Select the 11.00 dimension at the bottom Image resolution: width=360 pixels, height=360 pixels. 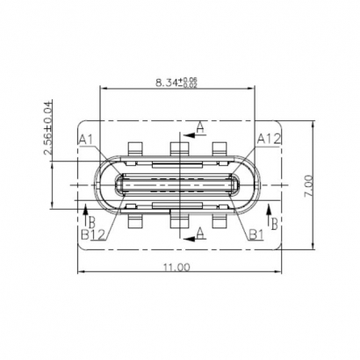(x=176, y=266)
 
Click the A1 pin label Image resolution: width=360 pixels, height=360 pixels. (x=86, y=139)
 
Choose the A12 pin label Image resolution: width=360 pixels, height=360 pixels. (x=268, y=138)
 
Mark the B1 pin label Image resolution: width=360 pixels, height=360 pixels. (x=256, y=233)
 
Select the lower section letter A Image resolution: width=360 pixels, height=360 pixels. (x=200, y=231)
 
